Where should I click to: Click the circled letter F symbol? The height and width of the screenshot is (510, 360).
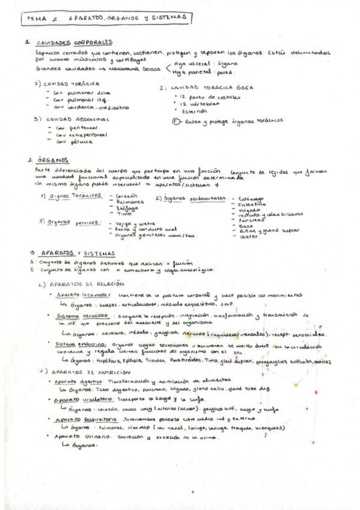pos(175,120)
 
